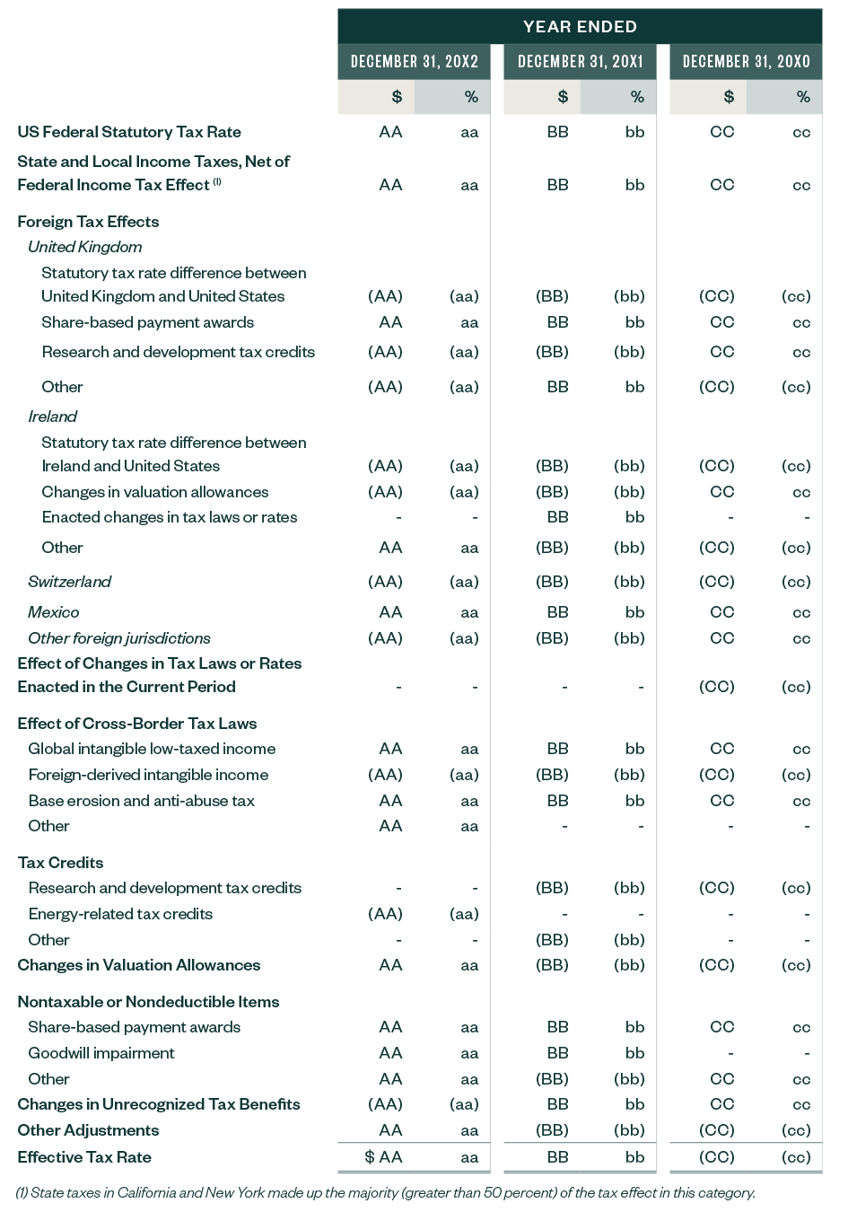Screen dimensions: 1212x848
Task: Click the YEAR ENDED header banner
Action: tap(580, 27)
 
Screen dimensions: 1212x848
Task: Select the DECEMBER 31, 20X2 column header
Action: tap(414, 62)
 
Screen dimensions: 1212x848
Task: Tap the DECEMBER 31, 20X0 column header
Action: tap(746, 62)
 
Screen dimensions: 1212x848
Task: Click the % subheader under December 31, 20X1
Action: tap(636, 97)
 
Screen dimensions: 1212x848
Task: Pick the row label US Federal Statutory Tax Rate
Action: tap(129, 132)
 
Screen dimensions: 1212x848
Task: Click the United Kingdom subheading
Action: tap(84, 247)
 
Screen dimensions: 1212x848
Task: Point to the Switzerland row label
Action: tap(69, 582)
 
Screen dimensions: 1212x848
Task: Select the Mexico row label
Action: tap(53, 612)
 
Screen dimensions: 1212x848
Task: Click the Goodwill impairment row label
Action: tap(101, 1053)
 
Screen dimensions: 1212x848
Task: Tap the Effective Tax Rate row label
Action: tap(84, 1157)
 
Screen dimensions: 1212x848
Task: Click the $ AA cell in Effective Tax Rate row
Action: tap(383, 1157)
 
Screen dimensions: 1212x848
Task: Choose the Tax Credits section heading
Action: tap(60, 863)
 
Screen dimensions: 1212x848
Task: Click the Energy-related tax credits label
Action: tap(120, 914)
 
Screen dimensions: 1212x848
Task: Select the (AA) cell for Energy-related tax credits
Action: tap(385, 914)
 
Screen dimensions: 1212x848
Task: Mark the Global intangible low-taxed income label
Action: tap(152, 749)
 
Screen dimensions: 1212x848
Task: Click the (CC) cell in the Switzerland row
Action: tap(717, 582)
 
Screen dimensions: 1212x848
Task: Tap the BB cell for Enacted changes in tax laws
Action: tap(557, 517)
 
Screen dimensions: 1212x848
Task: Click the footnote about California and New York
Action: tap(386, 1193)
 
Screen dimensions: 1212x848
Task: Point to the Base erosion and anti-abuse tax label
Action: tap(141, 801)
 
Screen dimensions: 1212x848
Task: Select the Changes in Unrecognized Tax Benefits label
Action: tap(159, 1104)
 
